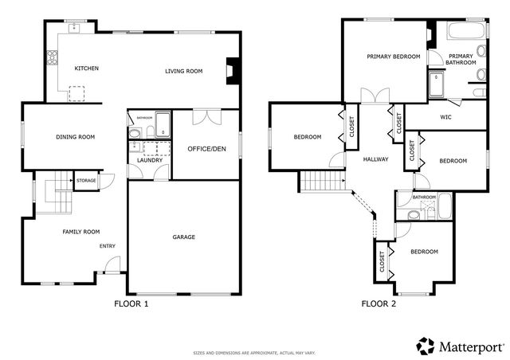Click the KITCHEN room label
point(86,68)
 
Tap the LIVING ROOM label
point(183,71)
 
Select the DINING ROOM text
point(75,137)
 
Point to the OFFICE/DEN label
point(206,149)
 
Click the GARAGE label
point(184,237)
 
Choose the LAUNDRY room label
point(150,160)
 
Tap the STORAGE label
point(86,181)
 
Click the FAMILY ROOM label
point(81,232)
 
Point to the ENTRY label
point(108,245)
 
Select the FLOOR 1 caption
point(131,303)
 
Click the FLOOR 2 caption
point(379,303)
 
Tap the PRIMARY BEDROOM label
point(393,57)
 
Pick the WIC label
point(446,116)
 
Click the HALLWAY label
point(375,159)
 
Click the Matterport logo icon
point(426,346)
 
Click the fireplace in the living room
point(231,70)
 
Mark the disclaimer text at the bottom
point(254,353)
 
